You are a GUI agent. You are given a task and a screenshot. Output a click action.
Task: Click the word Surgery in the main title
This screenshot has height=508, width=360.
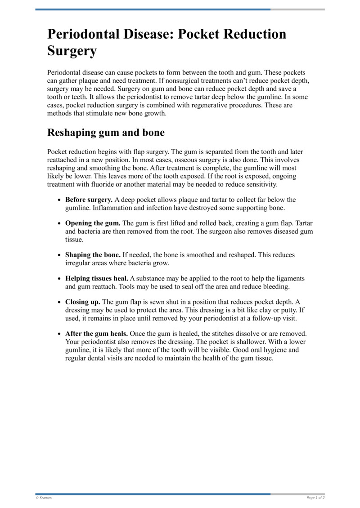tap(72, 51)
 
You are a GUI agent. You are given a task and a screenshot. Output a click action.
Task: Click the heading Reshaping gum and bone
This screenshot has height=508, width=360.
tap(106, 133)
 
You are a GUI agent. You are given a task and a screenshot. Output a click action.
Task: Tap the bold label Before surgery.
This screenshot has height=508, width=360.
tap(89, 200)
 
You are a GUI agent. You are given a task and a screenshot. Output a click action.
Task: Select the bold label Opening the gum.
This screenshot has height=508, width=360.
tap(93, 223)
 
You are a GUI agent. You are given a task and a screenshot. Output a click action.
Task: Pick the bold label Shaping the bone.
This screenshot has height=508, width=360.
tap(93, 255)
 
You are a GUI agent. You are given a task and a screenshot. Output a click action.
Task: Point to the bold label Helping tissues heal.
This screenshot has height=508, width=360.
tap(97, 279)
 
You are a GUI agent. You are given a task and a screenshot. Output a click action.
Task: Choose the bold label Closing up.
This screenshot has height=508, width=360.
tap(83, 302)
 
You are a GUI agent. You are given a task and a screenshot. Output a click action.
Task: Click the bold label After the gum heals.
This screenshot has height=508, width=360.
tap(97, 334)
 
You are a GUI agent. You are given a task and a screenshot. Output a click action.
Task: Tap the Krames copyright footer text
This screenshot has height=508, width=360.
tap(44, 498)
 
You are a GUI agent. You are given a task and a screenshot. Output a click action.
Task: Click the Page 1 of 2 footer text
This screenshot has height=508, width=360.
tap(315, 498)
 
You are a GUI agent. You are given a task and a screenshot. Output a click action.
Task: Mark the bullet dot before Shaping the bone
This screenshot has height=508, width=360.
tap(60, 255)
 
